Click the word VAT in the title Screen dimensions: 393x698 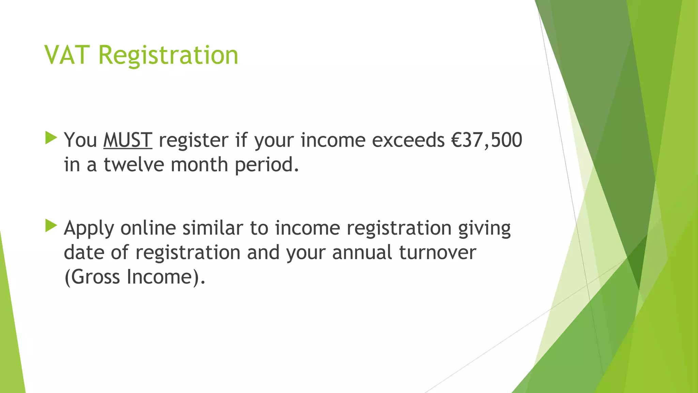[x=67, y=55]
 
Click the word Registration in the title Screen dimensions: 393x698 [x=168, y=56]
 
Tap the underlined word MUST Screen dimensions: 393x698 [x=127, y=140]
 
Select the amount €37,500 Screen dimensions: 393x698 [x=487, y=140]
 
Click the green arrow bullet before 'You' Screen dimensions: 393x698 [x=51, y=138]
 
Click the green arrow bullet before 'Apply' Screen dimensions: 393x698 [x=51, y=226]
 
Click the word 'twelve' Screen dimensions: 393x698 [x=134, y=164]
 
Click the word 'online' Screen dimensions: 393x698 [x=148, y=228]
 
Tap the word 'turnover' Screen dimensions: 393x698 [x=437, y=252]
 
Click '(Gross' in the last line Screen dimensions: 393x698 [x=92, y=277]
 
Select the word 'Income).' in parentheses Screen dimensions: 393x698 [x=166, y=277]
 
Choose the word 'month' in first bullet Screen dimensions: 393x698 [x=199, y=164]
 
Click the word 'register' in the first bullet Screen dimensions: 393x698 [x=193, y=141]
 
